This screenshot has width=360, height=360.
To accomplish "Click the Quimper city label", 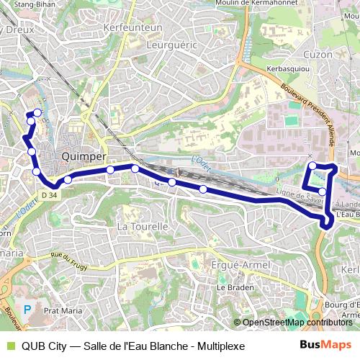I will [85, 156].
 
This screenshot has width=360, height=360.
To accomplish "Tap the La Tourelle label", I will [142, 226].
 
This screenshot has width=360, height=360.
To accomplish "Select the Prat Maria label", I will [60, 311].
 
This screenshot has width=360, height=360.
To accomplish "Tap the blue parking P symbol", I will [27, 309].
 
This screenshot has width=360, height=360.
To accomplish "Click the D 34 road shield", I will [49, 194].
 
